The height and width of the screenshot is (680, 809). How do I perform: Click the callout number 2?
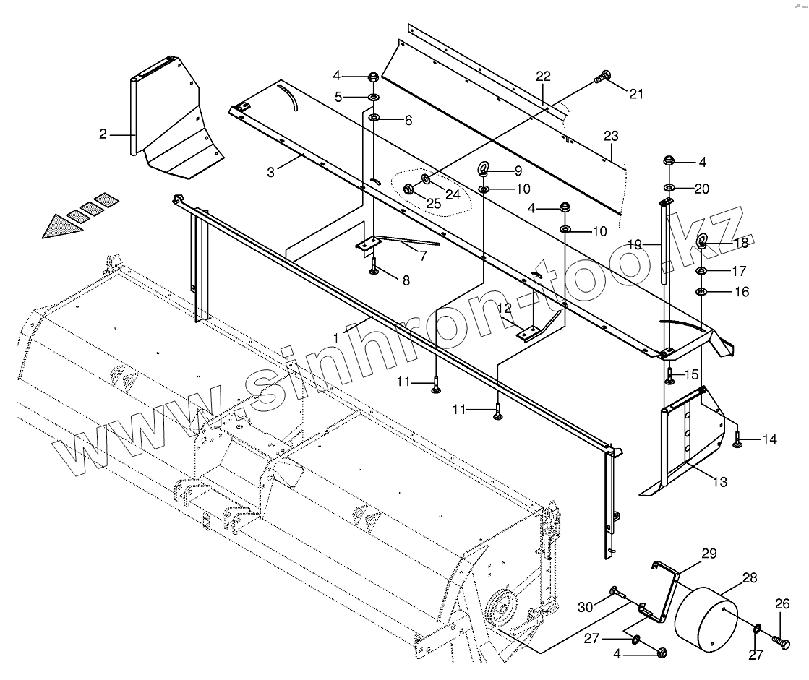(103, 134)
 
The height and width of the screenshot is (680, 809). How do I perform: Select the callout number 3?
(270, 172)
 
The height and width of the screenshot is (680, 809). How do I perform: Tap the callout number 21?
(635, 93)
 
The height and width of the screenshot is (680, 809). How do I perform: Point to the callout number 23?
(611, 136)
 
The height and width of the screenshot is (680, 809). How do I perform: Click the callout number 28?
(749, 578)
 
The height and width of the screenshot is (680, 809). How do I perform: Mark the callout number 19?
(634, 245)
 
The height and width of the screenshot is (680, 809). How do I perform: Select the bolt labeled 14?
(737, 439)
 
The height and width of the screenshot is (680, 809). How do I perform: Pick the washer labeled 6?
(374, 118)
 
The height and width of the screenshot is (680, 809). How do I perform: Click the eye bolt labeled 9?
(482, 171)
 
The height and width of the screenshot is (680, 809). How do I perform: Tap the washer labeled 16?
(702, 292)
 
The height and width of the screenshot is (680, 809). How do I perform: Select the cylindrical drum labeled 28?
(705, 614)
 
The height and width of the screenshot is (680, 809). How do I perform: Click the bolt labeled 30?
(617, 592)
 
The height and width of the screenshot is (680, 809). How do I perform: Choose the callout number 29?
(709, 554)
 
